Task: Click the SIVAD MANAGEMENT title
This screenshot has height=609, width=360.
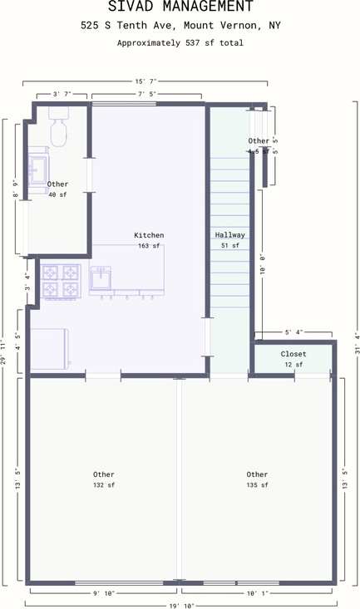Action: pyautogui.click(x=180, y=7)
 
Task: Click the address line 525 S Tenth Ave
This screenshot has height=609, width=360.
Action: pyautogui.click(x=180, y=26)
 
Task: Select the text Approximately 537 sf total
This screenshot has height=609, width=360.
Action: pyautogui.click(x=180, y=42)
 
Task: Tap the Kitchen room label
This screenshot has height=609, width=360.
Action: pyautogui.click(x=149, y=235)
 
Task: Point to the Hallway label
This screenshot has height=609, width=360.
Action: pyautogui.click(x=229, y=235)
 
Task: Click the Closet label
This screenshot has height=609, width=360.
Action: pyautogui.click(x=293, y=354)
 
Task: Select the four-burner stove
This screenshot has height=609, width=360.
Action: pyautogui.click(x=62, y=281)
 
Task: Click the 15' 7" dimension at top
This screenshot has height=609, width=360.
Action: pyautogui.click(x=145, y=81)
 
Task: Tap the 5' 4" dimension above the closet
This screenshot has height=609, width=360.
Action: pyautogui.click(x=293, y=332)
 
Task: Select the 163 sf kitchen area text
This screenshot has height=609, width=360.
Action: pyautogui.click(x=149, y=246)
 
